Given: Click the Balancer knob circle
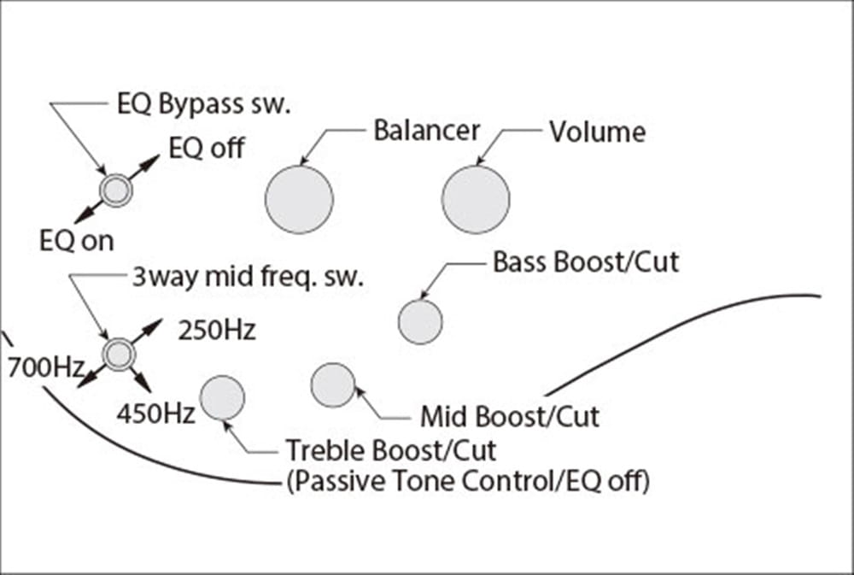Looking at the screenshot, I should click(x=299, y=199).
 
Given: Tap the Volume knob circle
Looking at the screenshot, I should click(x=476, y=199).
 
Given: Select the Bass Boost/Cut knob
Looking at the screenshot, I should click(x=420, y=322).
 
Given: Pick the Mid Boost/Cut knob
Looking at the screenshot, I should click(x=332, y=385).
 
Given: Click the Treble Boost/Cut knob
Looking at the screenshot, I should click(x=222, y=398).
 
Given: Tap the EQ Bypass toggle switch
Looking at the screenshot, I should click(x=115, y=190).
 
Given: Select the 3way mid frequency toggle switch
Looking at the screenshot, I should click(x=118, y=352).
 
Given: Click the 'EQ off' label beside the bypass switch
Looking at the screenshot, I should click(x=206, y=149).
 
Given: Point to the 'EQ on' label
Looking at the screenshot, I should click(x=76, y=241).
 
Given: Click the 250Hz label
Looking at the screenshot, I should click(x=216, y=331).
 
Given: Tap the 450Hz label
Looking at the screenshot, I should click(x=155, y=414).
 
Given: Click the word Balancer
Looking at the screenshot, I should click(x=427, y=131).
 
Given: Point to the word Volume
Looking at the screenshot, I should click(x=597, y=132).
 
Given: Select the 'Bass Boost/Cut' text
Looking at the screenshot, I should click(x=586, y=261).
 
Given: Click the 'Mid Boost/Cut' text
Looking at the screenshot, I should click(x=510, y=417).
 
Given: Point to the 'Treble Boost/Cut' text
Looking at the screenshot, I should click(x=390, y=449).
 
